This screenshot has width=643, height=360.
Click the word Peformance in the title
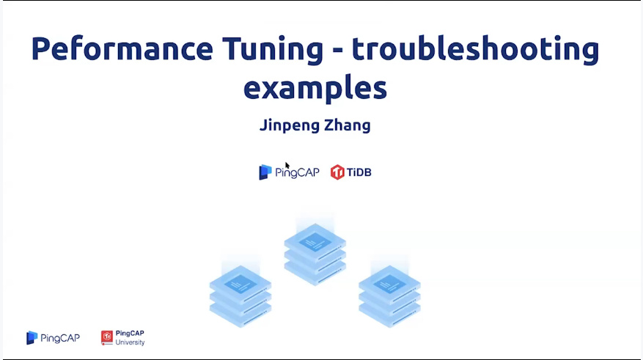click(x=122, y=49)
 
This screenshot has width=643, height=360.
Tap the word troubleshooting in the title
click(x=476, y=50)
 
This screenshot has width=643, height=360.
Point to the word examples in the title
click(x=315, y=89)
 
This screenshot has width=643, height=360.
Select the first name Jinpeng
click(x=290, y=126)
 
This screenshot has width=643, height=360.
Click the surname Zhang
click(x=348, y=125)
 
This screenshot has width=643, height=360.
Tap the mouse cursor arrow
click(x=287, y=166)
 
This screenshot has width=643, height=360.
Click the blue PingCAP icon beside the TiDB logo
click(x=265, y=172)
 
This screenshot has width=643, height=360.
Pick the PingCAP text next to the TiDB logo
click(x=297, y=172)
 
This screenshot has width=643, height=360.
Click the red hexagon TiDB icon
click(x=337, y=172)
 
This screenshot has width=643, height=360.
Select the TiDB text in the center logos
click(x=359, y=172)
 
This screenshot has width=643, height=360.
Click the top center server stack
click(x=315, y=254)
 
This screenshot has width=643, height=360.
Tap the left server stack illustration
click(x=240, y=296)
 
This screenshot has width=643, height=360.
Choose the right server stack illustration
click(x=389, y=296)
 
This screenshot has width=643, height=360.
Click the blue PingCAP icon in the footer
click(x=32, y=338)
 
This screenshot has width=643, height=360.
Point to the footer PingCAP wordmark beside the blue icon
click(x=60, y=338)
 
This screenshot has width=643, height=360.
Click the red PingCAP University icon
click(x=106, y=338)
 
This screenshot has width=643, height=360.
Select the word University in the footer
click(x=130, y=342)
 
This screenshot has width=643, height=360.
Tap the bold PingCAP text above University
click(x=130, y=334)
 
